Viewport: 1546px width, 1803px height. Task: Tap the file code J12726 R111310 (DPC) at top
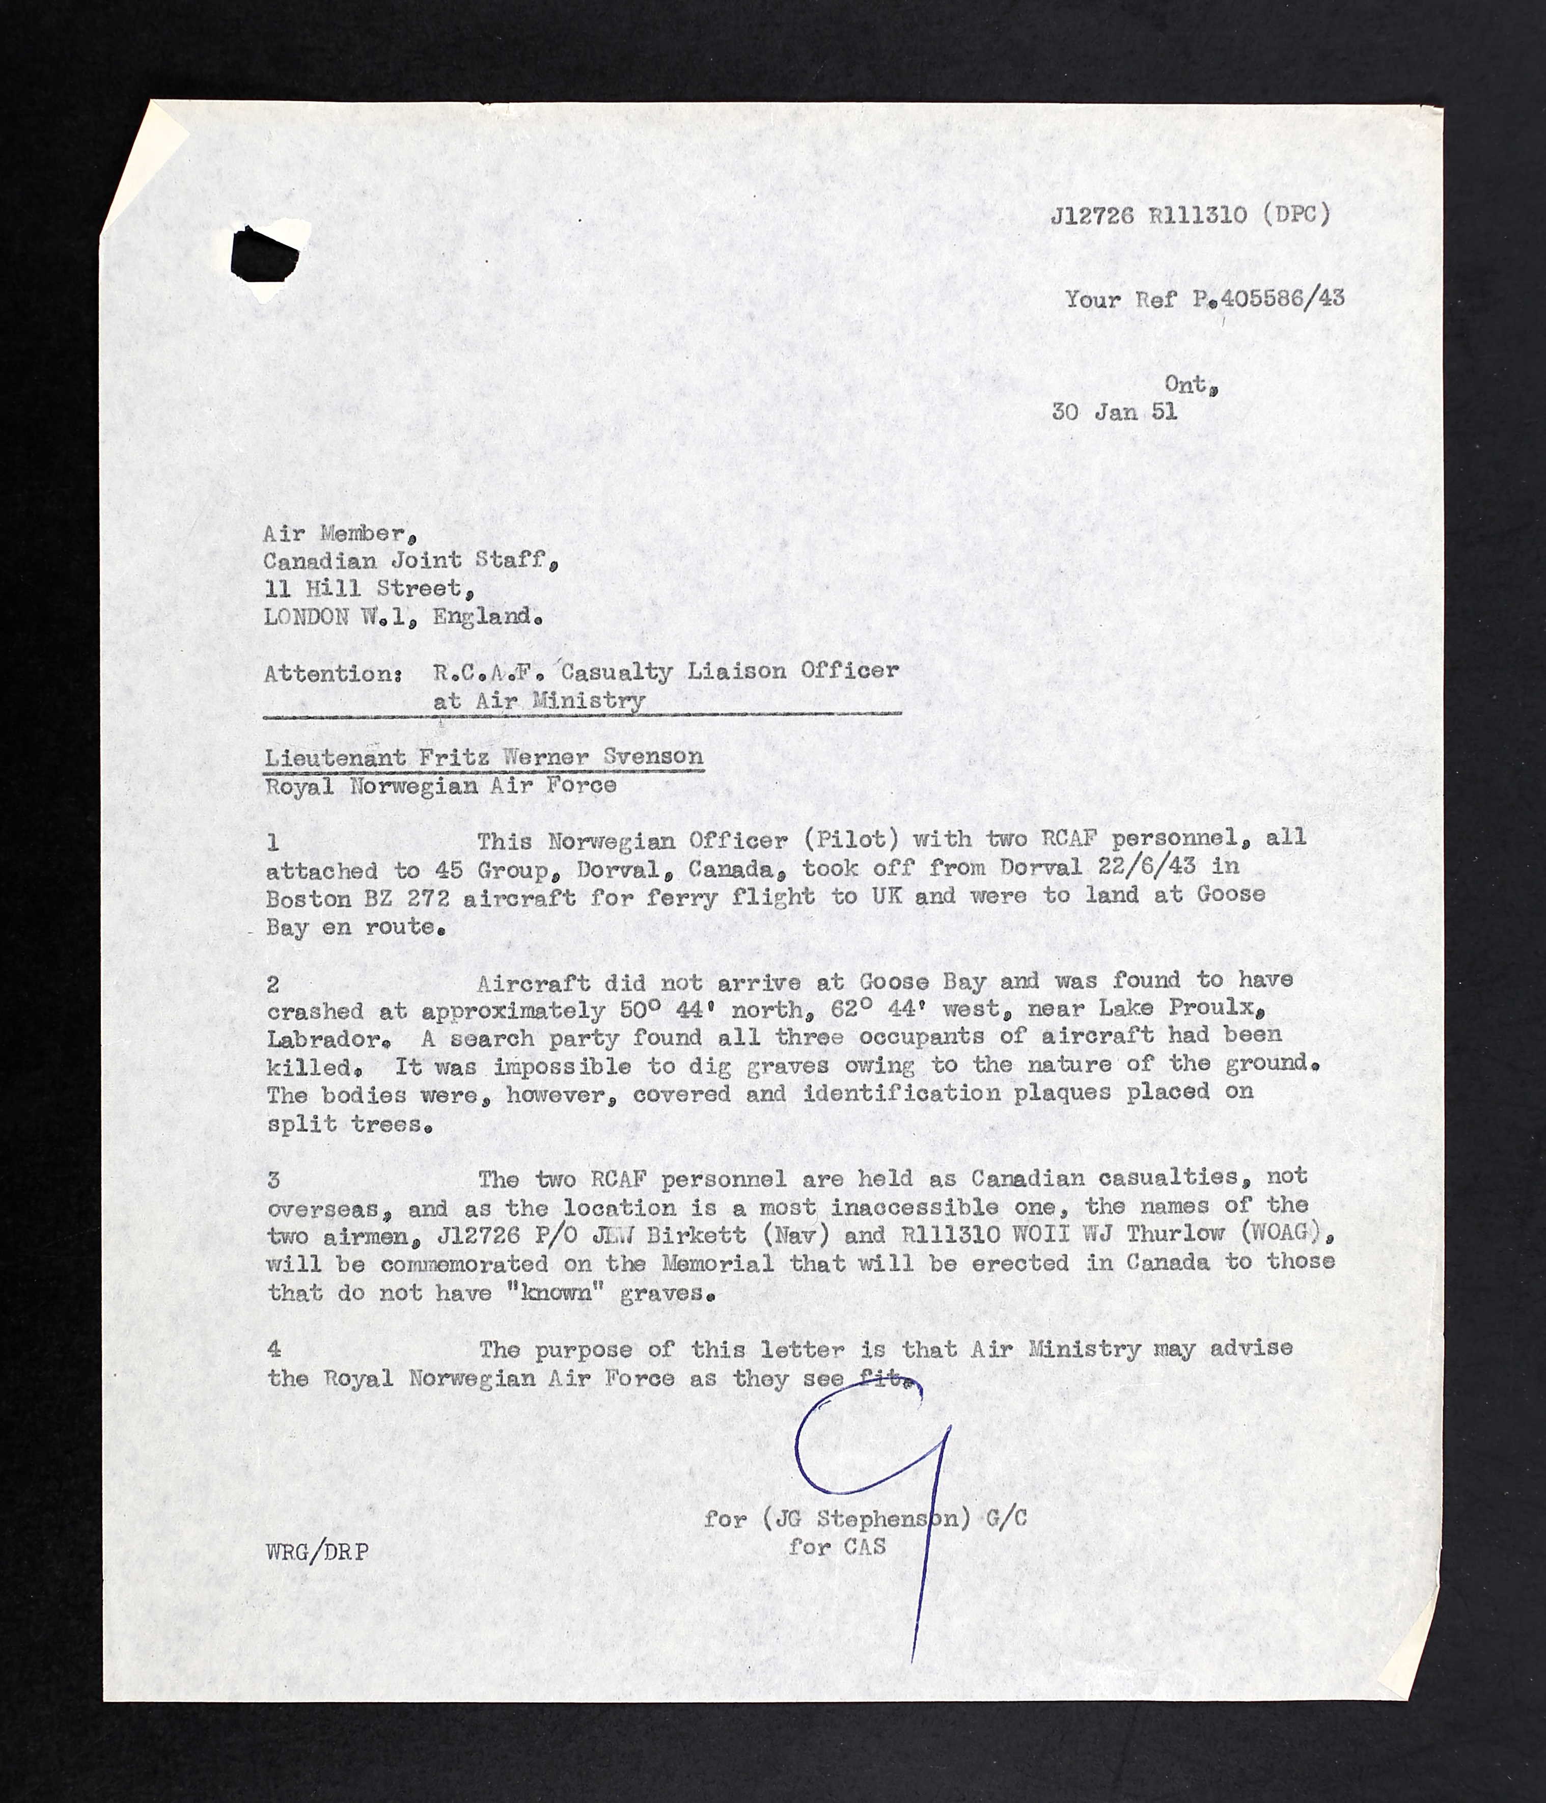click(1190, 215)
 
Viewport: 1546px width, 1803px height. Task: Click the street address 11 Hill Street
click(369, 589)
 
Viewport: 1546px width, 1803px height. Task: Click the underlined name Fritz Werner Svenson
click(561, 757)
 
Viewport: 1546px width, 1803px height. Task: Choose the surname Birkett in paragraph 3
click(697, 1235)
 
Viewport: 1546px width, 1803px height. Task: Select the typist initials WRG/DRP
click(317, 1551)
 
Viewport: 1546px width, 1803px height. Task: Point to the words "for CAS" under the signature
click(837, 1546)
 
